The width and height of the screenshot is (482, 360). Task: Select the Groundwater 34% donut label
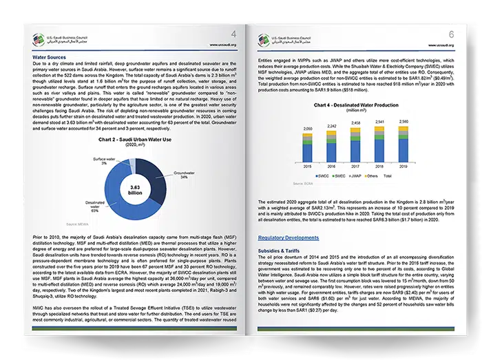(x=184, y=175)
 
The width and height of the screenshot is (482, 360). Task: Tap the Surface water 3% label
(x=105, y=160)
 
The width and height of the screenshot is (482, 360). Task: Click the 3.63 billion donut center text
(x=136, y=190)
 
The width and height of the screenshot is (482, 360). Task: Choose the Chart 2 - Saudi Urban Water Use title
(x=134, y=140)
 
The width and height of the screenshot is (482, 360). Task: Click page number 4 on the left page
(x=232, y=34)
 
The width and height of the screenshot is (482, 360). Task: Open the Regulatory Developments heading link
(x=289, y=237)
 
